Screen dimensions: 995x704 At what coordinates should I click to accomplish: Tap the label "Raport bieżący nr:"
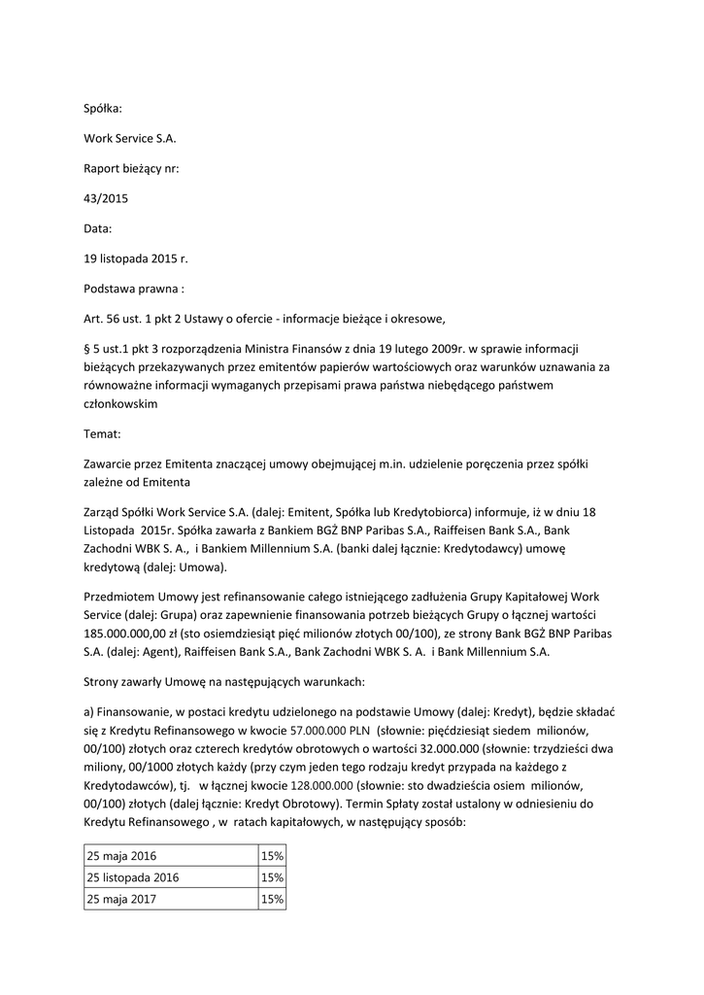[x=131, y=168]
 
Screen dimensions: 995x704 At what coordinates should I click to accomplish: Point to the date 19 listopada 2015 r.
[x=135, y=258]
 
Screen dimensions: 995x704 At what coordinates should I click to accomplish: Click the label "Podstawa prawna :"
[x=133, y=288]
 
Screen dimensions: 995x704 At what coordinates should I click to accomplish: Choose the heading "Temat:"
[x=103, y=434]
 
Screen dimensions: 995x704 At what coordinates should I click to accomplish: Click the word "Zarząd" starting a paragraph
[x=105, y=512]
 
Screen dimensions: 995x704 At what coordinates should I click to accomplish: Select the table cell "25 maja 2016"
[x=121, y=856]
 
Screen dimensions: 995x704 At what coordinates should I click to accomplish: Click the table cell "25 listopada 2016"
[x=133, y=877]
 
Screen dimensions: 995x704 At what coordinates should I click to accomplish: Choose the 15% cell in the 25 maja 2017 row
[x=271, y=900]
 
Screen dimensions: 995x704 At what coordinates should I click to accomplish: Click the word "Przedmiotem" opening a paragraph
[x=124, y=598]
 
